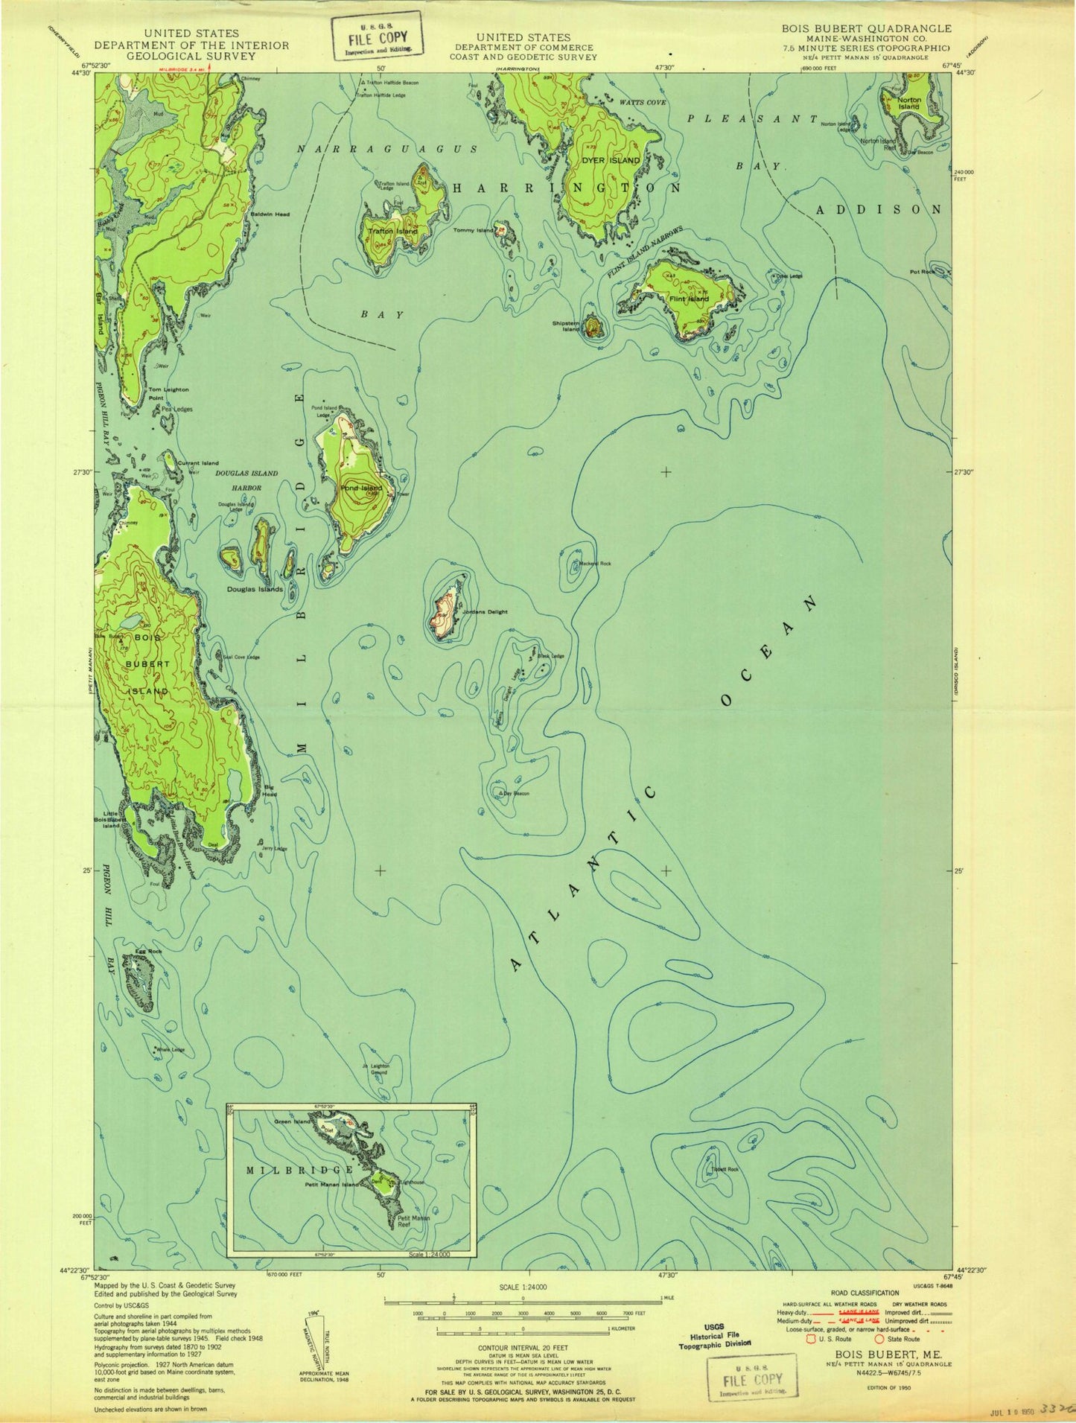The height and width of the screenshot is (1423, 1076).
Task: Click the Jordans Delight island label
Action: (485, 611)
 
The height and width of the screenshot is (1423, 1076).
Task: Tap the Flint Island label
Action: (689, 299)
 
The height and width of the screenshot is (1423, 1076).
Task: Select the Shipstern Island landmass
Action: (593, 326)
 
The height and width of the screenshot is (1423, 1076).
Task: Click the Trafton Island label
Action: (392, 232)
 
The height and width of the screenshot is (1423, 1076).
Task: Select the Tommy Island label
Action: (474, 231)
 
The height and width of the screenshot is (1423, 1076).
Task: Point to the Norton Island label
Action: (908, 103)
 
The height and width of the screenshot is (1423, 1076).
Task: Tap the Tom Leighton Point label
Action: (168, 393)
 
